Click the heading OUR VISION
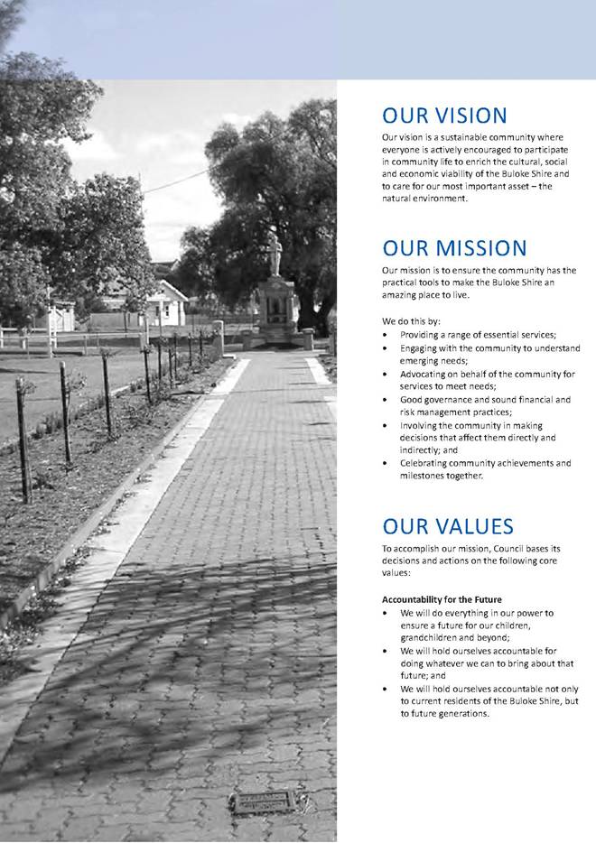(443, 116)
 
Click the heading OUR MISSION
(453, 248)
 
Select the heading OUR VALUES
(447, 526)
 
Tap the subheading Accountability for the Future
(442, 599)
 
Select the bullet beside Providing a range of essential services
(386, 335)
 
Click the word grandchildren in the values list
(430, 637)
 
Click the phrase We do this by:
(411, 321)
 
